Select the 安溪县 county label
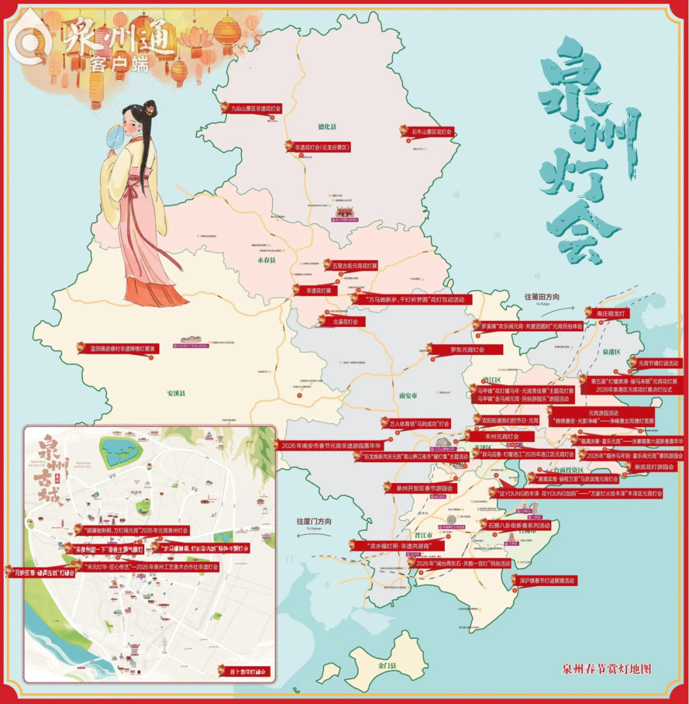pyautogui.click(x=175, y=394)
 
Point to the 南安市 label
pyautogui.click(x=407, y=396)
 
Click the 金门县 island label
pyautogui.click(x=387, y=665)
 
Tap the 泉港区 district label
pyautogui.click(x=611, y=352)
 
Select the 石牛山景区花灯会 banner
pyautogui.click(x=430, y=131)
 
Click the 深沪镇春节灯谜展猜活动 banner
pyautogui.click(x=547, y=581)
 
